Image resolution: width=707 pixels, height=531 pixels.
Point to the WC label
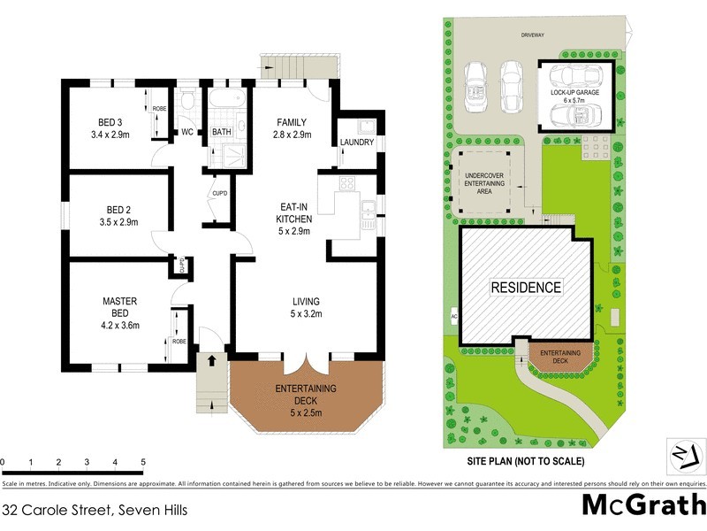click(187, 133)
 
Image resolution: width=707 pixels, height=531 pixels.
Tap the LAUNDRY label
click(357, 142)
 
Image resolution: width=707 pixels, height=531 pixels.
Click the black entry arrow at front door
click(211, 359)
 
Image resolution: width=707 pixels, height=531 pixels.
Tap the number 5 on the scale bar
click(142, 463)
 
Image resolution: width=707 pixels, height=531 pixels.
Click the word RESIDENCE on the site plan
click(527, 288)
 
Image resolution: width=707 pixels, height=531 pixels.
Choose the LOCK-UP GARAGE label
click(574, 92)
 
